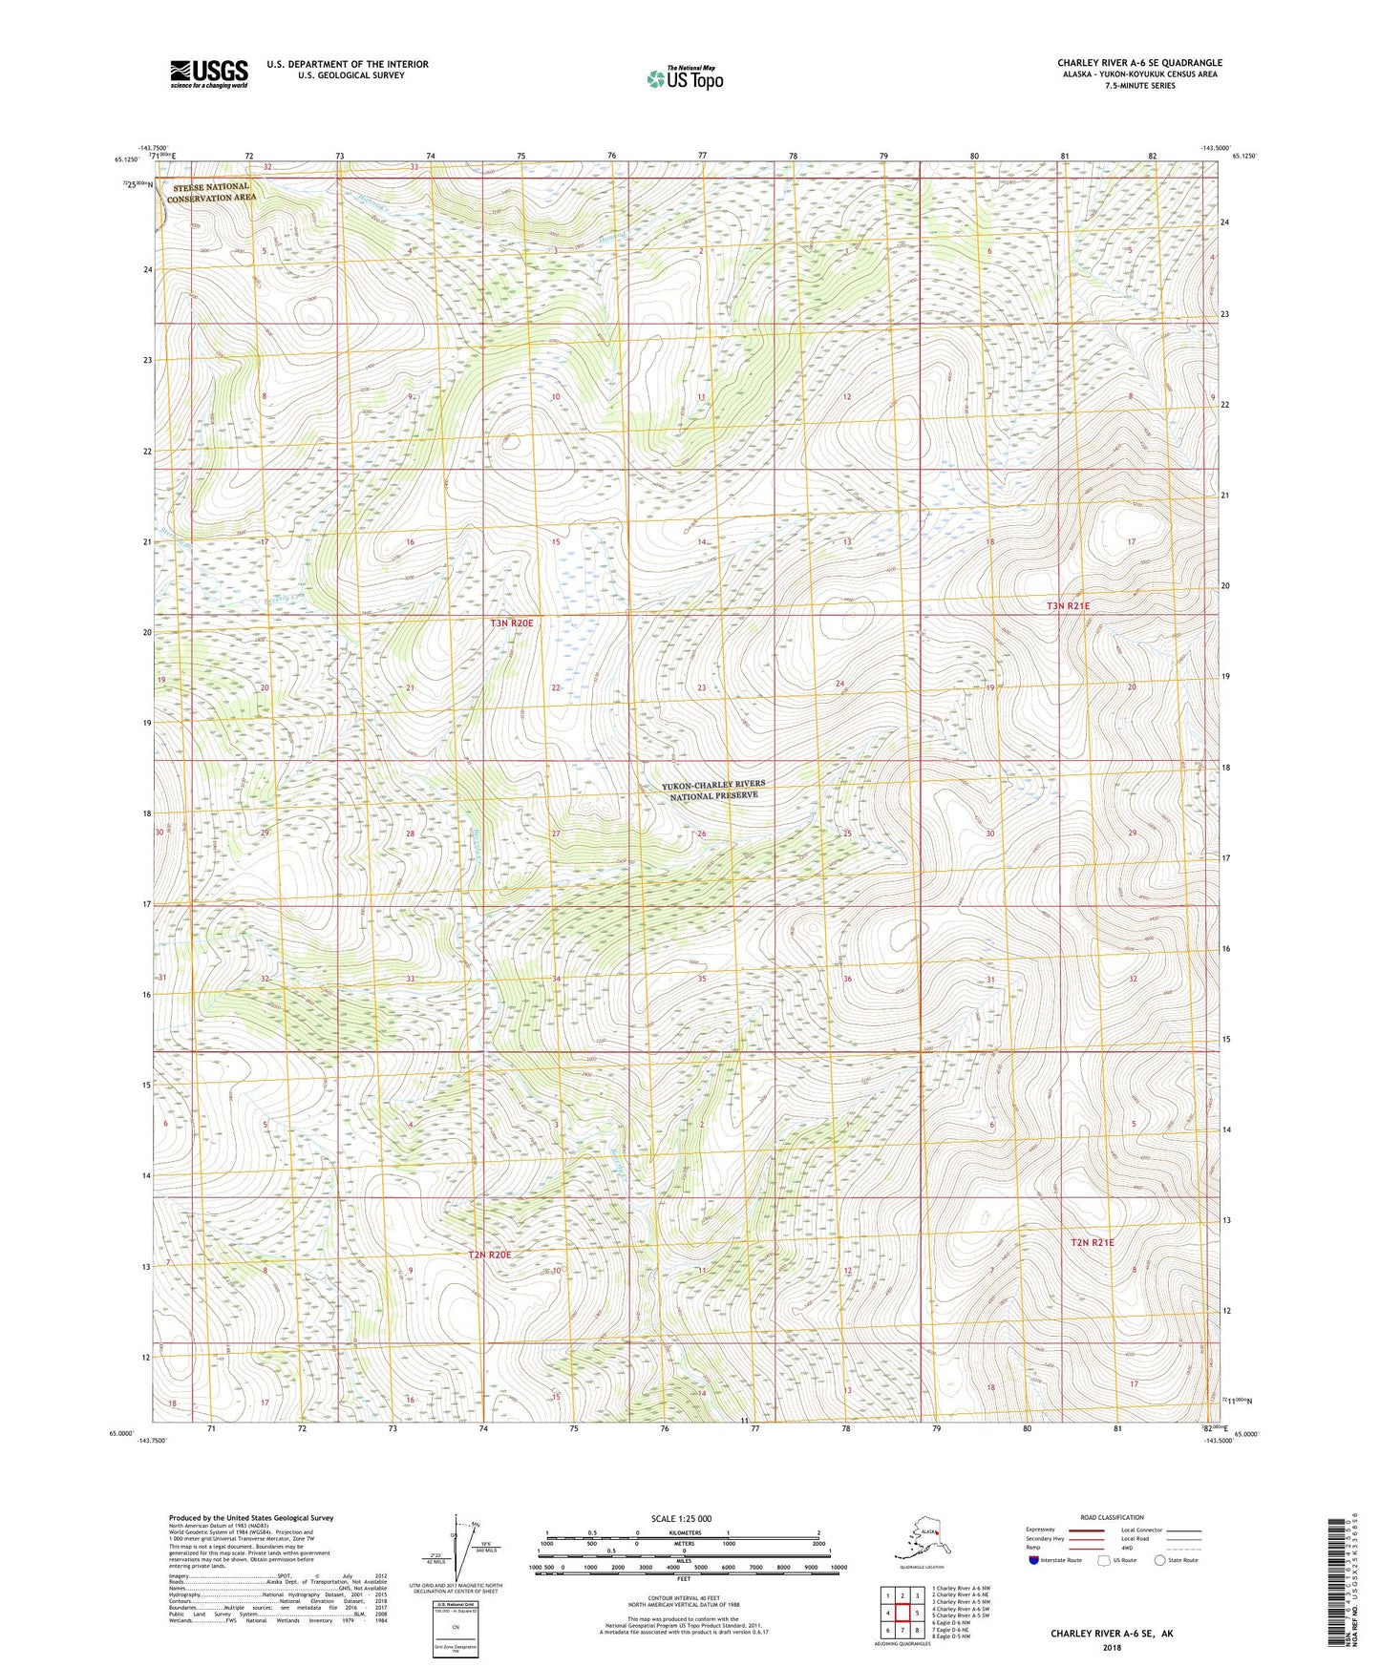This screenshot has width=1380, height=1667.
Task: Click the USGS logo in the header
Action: pyautogui.click(x=208, y=74)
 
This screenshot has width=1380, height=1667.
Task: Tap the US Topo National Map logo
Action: pyautogui.click(x=684, y=78)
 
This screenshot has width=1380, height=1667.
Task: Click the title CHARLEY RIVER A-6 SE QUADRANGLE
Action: pyautogui.click(x=1138, y=63)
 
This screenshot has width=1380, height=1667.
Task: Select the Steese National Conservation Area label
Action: pyautogui.click(x=211, y=192)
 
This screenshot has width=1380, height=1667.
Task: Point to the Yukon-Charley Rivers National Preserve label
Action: pyautogui.click(x=713, y=790)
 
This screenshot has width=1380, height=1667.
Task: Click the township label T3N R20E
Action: pyautogui.click(x=512, y=623)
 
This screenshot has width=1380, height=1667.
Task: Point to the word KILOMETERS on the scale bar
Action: pyautogui.click(x=682, y=1533)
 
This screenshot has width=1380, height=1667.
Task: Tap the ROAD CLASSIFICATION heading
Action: pyautogui.click(x=1112, y=1517)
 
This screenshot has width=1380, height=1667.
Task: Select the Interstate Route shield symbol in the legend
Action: pyautogui.click(x=1033, y=1561)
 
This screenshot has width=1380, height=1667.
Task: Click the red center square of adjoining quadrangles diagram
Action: pyautogui.click(x=902, y=1613)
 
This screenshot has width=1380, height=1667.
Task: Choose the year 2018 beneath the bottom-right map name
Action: pyautogui.click(x=1112, y=1647)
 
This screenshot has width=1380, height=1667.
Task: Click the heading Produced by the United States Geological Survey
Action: pyautogui.click(x=251, y=1517)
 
